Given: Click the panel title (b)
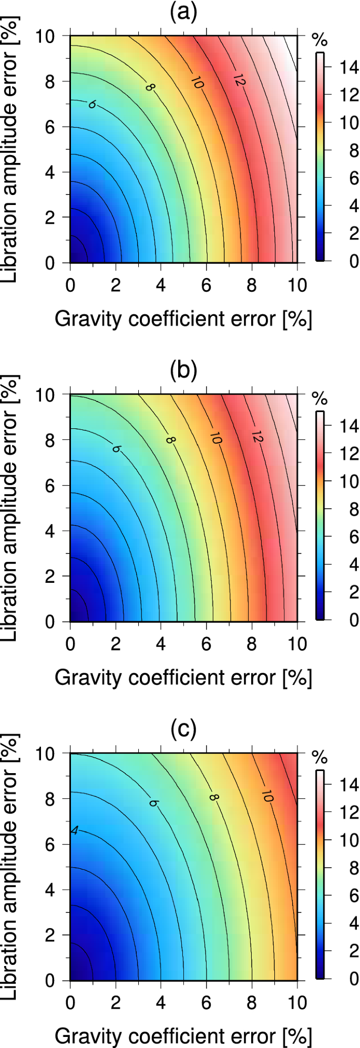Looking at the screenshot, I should [x=183, y=371].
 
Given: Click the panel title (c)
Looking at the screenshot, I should [x=183, y=730].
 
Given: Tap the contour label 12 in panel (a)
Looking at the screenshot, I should [x=239, y=80].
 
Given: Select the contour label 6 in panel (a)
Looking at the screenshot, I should [x=92, y=105].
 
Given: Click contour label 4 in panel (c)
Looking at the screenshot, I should [x=75, y=831].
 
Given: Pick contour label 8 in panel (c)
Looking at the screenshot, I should [x=213, y=797].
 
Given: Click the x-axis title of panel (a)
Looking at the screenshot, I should [x=183, y=319].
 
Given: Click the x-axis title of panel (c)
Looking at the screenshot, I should [x=183, y=1036].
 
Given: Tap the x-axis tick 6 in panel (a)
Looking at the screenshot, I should [x=207, y=285].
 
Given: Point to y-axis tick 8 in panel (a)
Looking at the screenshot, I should [x=50, y=82].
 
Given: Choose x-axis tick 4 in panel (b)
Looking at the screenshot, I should [x=161, y=644].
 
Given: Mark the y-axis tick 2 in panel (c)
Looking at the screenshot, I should [x=50, y=936].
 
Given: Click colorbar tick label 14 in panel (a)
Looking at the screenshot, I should [x=347, y=67].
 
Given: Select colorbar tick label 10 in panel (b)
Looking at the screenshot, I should [x=347, y=481].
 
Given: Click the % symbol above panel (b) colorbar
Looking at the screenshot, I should [x=320, y=399].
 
